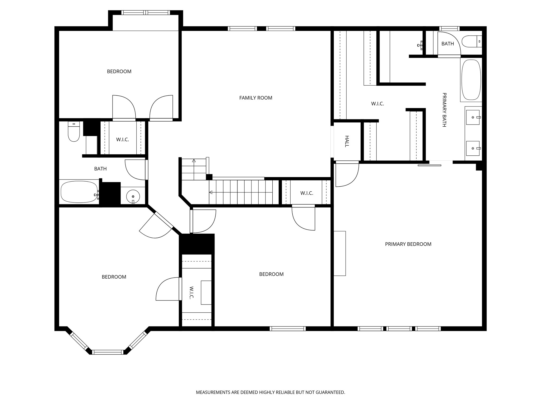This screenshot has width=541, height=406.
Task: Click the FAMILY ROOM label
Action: pyautogui.click(x=256, y=98)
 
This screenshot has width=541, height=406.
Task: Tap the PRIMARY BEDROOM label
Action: pyautogui.click(x=408, y=244)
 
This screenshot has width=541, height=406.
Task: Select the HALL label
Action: pyautogui.click(x=347, y=141)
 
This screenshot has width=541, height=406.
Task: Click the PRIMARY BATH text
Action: pyautogui.click(x=444, y=110)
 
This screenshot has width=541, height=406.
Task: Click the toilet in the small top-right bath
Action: pyautogui.click(x=472, y=41)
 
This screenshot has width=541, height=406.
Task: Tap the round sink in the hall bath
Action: pyautogui.click(x=133, y=196)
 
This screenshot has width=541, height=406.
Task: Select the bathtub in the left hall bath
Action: pyautogui.click(x=79, y=192)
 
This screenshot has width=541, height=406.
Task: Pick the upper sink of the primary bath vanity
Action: pyautogui.click(x=473, y=117)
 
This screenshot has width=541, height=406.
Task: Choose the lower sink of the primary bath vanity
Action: pyautogui.click(x=473, y=148)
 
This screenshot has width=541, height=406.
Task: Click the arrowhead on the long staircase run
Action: pyautogui.click(x=211, y=192)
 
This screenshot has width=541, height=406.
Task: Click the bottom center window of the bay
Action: pyautogui.click(x=108, y=352)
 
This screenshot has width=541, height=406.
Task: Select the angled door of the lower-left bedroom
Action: pyautogui.click(x=156, y=225)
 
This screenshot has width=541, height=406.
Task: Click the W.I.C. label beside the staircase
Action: pyautogui.click(x=307, y=193)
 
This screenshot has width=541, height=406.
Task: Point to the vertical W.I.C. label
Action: pyautogui.click(x=192, y=293)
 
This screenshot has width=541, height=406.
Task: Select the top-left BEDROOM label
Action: pyautogui.click(x=119, y=71)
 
